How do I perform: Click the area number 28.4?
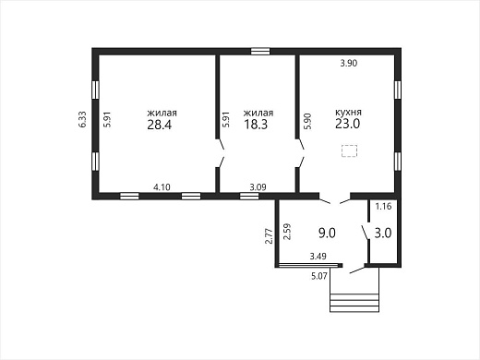(x=159, y=125)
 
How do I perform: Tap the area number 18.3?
(x=256, y=125)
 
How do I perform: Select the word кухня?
(x=348, y=112)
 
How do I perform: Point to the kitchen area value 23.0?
(x=348, y=124)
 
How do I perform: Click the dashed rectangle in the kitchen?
(x=349, y=150)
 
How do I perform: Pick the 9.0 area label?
(x=327, y=233)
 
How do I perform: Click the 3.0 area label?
(x=383, y=233)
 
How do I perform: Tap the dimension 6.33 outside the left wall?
(x=82, y=119)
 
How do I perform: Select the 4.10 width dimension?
(x=162, y=186)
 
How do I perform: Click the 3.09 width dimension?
(x=258, y=186)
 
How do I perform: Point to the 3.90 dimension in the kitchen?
(x=349, y=63)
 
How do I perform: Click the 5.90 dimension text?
(x=307, y=121)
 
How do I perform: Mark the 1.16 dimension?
(x=383, y=206)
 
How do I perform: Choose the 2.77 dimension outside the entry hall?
(x=269, y=235)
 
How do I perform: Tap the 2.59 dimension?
(x=286, y=232)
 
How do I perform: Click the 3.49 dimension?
(x=318, y=256)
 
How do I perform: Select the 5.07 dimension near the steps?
(x=319, y=276)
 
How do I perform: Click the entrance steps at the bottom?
(x=354, y=303)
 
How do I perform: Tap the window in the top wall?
(x=260, y=51)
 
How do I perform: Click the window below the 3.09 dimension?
(x=249, y=196)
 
